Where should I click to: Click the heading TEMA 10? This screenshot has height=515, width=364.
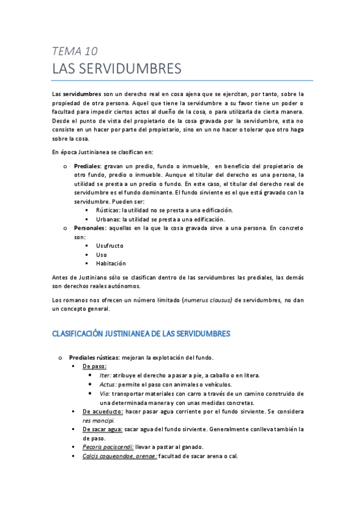coord(75,51)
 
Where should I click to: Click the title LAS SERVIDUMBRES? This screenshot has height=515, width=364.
coord(117,69)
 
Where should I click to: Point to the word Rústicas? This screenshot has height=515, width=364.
coord(108,210)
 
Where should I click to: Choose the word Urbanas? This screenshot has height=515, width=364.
coord(108,219)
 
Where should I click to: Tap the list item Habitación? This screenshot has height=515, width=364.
coord(111,264)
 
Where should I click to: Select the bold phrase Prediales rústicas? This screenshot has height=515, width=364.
coord(94,357)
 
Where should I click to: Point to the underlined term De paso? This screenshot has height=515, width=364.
coord(95,366)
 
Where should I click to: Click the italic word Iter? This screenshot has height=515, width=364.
coord(105,375)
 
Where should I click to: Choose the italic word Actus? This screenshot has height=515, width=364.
coord(108,384)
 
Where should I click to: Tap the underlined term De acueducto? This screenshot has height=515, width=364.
coord(103,411)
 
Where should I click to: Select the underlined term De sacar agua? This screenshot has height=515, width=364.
coord(102,429)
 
